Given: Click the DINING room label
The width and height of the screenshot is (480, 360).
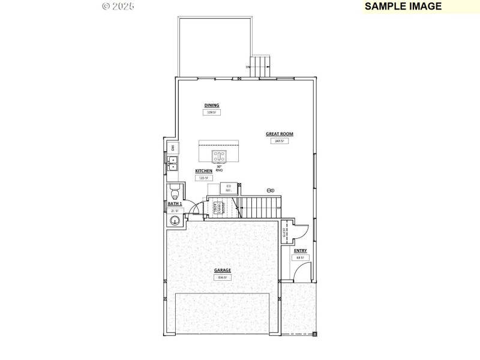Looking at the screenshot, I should pos(212,105).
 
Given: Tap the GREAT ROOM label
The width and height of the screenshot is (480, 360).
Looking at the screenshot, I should pos(280,134).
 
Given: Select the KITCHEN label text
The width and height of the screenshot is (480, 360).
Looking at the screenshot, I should pos(203,171).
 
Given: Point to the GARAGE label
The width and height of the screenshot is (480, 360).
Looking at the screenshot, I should pos(223,270).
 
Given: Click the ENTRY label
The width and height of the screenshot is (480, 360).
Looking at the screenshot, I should pos(300,250).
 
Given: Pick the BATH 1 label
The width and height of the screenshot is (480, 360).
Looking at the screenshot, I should pos(175,204).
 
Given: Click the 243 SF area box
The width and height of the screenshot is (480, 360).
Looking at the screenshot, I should pos(279,141).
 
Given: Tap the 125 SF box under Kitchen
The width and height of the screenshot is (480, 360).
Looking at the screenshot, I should pos(203,178).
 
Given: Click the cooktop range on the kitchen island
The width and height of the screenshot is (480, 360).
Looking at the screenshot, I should pos(219,156).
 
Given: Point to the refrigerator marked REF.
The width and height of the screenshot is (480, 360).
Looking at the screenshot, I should pos(229,188).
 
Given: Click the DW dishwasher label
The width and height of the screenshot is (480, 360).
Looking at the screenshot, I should pos(172,148).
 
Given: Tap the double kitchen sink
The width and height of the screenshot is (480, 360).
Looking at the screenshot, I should pos(172,163).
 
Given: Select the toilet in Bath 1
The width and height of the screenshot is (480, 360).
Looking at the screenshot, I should pos(175,193).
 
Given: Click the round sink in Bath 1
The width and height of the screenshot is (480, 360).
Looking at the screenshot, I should pos(175,220).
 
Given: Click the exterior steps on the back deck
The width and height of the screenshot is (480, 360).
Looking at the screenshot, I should pos(260,66).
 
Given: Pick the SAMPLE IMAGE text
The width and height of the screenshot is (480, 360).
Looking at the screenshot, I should pos(403,7).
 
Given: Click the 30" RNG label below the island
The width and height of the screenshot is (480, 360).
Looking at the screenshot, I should pos(219,169).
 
